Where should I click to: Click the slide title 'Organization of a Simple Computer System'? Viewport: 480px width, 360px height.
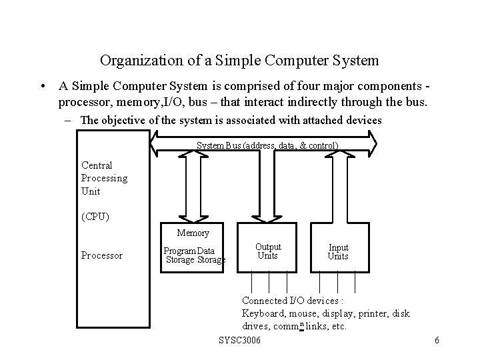239,61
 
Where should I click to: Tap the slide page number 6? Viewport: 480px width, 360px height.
437,341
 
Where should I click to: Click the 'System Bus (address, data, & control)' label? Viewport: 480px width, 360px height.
267,145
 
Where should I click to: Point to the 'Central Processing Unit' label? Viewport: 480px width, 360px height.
104,178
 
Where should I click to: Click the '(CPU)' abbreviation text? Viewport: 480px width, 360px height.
95,217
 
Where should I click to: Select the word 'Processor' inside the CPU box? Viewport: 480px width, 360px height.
101,255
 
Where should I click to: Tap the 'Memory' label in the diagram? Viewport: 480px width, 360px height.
193,233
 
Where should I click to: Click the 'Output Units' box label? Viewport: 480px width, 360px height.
268,251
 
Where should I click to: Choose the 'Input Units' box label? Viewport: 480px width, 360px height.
338,252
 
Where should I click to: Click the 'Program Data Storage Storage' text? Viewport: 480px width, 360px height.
195,255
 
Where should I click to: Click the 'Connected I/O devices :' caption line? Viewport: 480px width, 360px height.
287,301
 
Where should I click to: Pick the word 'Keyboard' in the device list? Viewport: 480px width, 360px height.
263,313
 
